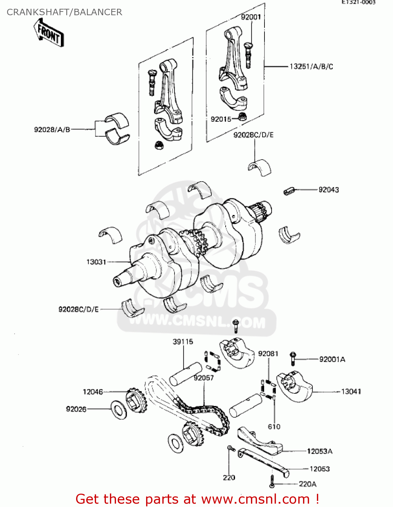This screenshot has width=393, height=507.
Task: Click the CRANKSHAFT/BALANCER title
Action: pyautogui.click(x=64, y=12)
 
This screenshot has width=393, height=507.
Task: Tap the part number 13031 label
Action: pyautogui.click(x=96, y=262)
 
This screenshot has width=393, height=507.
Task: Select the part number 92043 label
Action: pyautogui.click(x=328, y=190)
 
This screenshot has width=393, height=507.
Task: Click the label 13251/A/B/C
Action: pyautogui.click(x=311, y=67)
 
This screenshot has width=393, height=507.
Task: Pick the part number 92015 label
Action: pyautogui.click(x=221, y=119)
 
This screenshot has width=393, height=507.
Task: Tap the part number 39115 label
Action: pyautogui.click(x=183, y=342)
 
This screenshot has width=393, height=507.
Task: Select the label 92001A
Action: pyautogui.click(x=332, y=359)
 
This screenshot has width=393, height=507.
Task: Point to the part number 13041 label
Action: pyautogui.click(x=351, y=391)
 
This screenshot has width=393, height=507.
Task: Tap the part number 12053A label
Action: pyautogui.click(x=320, y=451)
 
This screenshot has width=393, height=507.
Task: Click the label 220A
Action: pyautogui.click(x=307, y=484)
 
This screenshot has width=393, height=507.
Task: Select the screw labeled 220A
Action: pyautogui.click(x=272, y=481)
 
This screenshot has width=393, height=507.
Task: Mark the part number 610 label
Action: pyautogui.click(x=274, y=427)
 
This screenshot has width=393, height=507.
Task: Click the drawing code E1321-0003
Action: pyautogui.click(x=358, y=2)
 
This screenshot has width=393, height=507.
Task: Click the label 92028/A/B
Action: pyautogui.click(x=52, y=129)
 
